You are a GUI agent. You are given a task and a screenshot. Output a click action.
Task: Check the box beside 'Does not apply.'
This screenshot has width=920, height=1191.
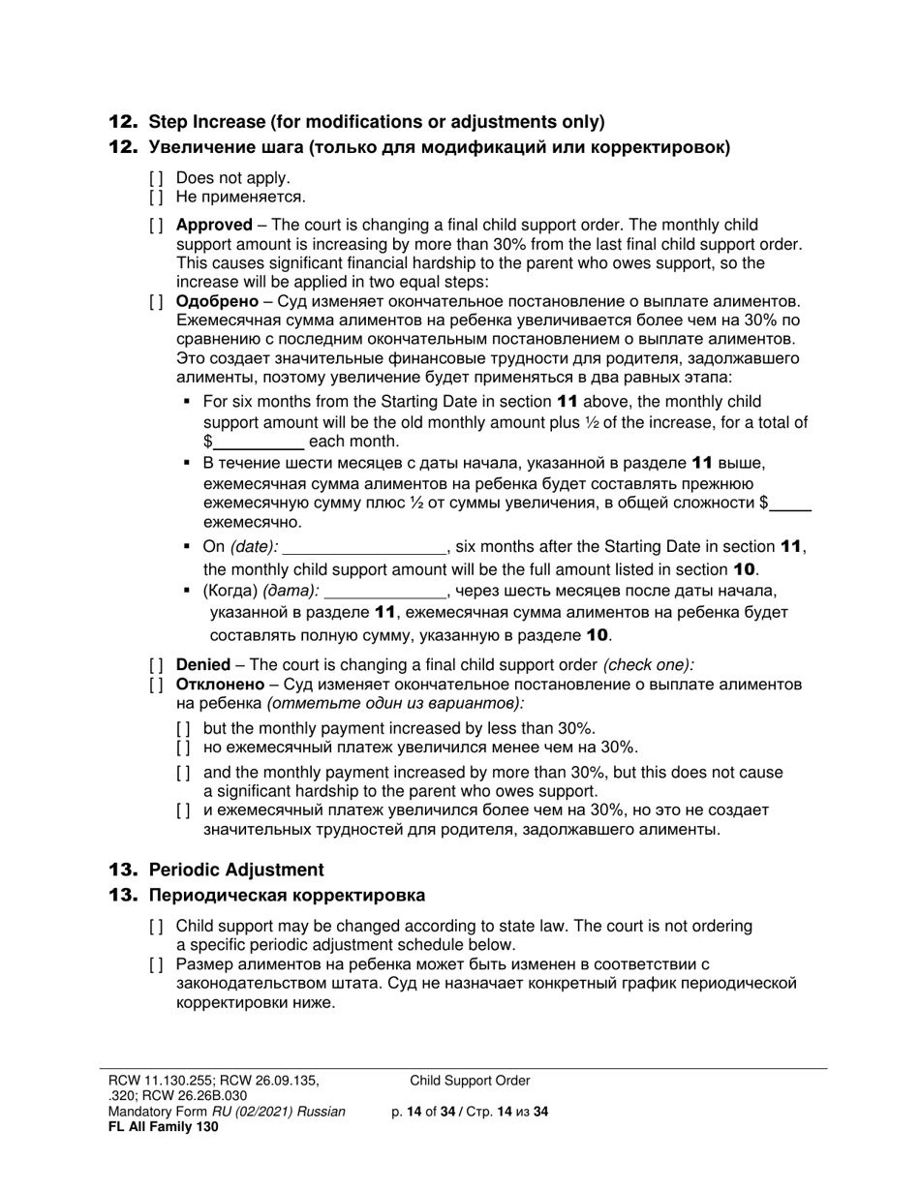pos(156,178)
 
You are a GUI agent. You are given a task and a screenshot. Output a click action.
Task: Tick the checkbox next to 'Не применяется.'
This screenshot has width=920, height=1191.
pos(156,198)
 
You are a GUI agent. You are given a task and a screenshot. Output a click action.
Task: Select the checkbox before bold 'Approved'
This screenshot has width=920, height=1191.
pos(156,226)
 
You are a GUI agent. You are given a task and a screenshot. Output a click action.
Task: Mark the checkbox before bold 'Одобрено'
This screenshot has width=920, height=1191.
pos(156,301)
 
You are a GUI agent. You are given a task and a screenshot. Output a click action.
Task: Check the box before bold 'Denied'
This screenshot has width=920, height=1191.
pos(156,665)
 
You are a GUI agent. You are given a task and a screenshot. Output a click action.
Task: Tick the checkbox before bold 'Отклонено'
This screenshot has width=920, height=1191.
pos(156,686)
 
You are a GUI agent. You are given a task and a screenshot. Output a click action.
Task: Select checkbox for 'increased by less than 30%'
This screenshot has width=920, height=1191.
pos(183,728)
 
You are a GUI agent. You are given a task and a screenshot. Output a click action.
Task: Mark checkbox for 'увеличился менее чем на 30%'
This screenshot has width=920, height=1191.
pos(183,748)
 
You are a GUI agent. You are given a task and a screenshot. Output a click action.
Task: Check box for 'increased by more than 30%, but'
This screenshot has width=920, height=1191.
pos(183,773)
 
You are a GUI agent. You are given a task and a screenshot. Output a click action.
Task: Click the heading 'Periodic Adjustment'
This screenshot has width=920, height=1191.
pos(236,870)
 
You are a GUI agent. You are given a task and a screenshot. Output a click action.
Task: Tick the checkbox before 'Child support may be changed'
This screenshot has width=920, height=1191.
pos(156,927)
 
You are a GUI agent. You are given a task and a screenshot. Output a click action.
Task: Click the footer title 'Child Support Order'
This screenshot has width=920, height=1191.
pos(470,1081)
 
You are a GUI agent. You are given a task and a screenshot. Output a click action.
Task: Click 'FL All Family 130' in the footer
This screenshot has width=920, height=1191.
pos(163,1126)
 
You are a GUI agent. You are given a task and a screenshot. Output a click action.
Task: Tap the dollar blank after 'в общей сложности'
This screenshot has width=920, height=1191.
pos(793,504)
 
